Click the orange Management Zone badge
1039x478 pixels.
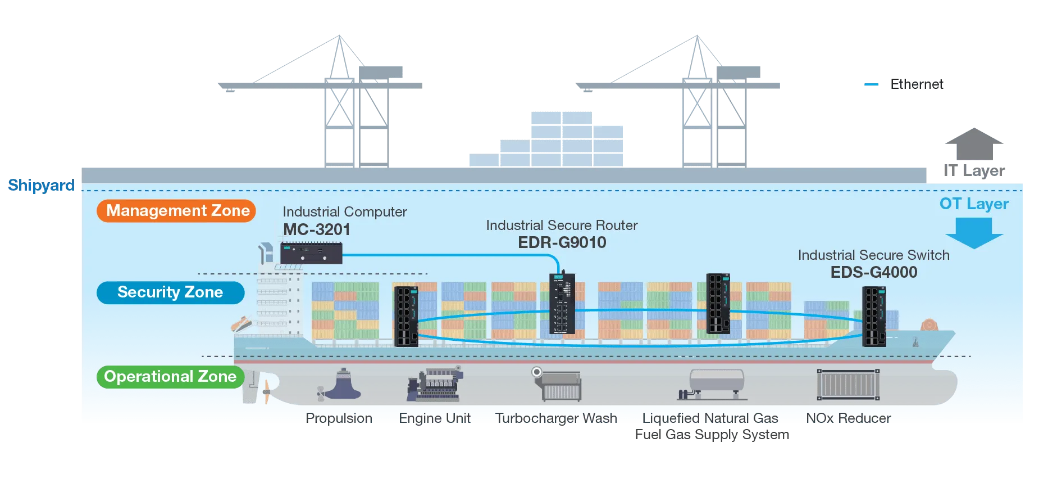(176, 211)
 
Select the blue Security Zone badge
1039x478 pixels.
(170, 292)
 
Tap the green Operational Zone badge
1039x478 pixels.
(170, 377)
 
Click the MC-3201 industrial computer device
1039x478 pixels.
(311, 253)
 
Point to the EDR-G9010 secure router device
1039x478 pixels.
(562, 303)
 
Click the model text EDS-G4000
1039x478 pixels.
(874, 272)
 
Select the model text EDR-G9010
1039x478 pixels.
(562, 242)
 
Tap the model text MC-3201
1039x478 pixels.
(317, 229)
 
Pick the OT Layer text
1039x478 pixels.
(974, 204)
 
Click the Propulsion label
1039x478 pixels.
(339, 418)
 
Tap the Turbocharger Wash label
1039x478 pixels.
(556, 418)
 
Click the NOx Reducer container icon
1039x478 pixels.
(848, 385)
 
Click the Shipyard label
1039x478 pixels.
(41, 185)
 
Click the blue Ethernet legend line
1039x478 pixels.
(871, 85)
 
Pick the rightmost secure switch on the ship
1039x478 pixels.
(874, 316)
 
